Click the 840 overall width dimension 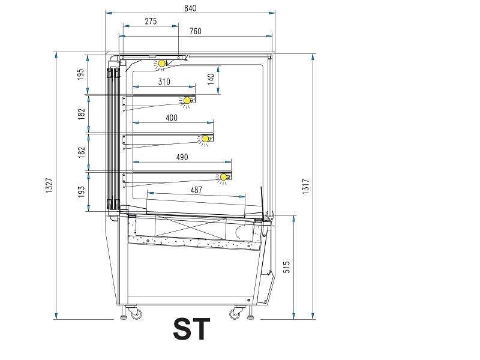pyautogui.click(x=190, y=8)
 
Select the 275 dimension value pyautogui.click(x=151, y=21)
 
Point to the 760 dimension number pyautogui.click(x=196, y=31)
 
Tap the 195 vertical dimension pyautogui.click(x=80, y=74)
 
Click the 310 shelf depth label pyautogui.click(x=164, y=82)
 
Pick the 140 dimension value pyautogui.click(x=211, y=79)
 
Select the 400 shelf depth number pyautogui.click(x=172, y=118)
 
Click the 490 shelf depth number pyautogui.click(x=182, y=157)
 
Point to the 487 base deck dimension pyautogui.click(x=196, y=190)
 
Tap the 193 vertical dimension pyautogui.click(x=82, y=191)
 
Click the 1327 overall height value pyautogui.click(x=49, y=185)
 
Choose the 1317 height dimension pyautogui.click(x=306, y=187)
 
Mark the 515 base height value pyautogui.click(x=287, y=267)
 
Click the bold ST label pyautogui.click(x=191, y=329)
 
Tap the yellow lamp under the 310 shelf pyautogui.click(x=187, y=100)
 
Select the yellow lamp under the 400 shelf pyautogui.click(x=205, y=139)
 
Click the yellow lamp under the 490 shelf pyautogui.click(x=224, y=177)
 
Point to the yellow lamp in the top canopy pyautogui.click(x=161, y=64)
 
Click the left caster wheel pyautogui.click(x=136, y=314)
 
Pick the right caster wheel pyautogui.click(x=235, y=314)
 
